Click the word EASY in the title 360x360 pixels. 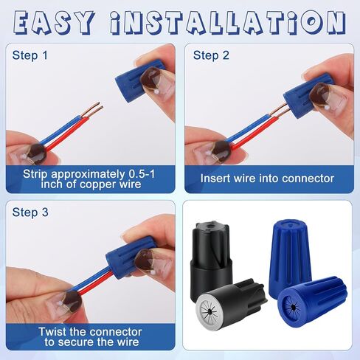(x=54, y=23)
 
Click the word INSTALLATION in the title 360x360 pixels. (x=227, y=23)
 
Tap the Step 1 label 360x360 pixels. (x=30, y=55)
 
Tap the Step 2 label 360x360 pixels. (x=211, y=55)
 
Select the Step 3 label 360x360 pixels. (x=30, y=212)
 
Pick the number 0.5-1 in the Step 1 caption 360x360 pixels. (x=142, y=174)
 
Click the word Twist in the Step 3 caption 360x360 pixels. (x=52, y=332)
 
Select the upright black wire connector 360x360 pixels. (x=211, y=258)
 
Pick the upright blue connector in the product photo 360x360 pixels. (x=290, y=256)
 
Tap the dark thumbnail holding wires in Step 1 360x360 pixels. (x=37, y=154)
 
